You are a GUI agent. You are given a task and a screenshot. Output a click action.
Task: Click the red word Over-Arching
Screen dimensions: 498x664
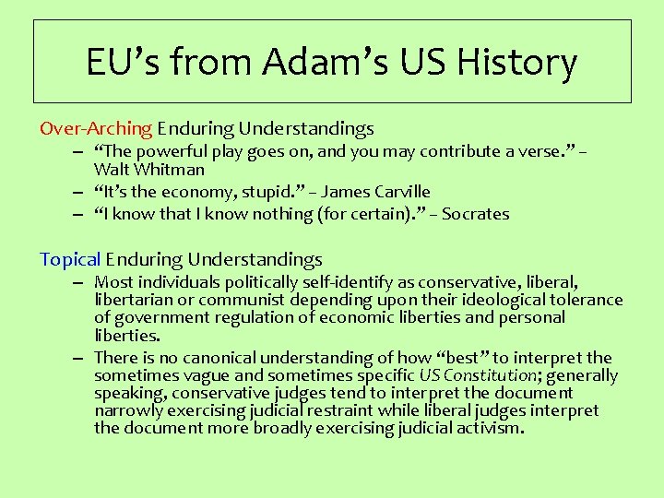tap(96, 129)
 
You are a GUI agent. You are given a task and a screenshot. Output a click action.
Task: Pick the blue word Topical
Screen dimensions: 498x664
tap(70, 260)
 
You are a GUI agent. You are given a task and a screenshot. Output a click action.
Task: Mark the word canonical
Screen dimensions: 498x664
tap(219, 358)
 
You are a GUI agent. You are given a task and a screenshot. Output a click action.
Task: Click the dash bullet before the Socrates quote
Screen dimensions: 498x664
tap(81, 214)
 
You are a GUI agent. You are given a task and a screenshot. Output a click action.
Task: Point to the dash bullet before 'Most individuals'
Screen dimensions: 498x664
tap(81, 282)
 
